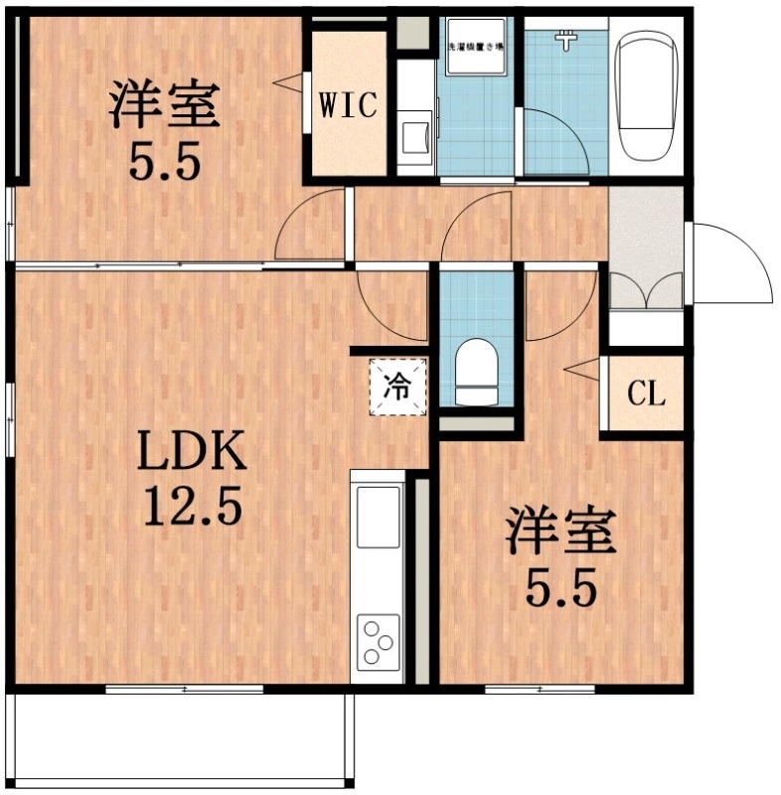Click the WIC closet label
click(348, 105)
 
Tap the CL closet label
click(646, 395)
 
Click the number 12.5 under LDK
click(192, 509)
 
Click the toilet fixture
click(476, 372)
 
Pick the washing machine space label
click(473, 48)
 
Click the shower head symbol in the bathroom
click(567, 41)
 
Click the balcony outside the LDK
click(179, 740)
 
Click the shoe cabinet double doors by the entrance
click(646, 291)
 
